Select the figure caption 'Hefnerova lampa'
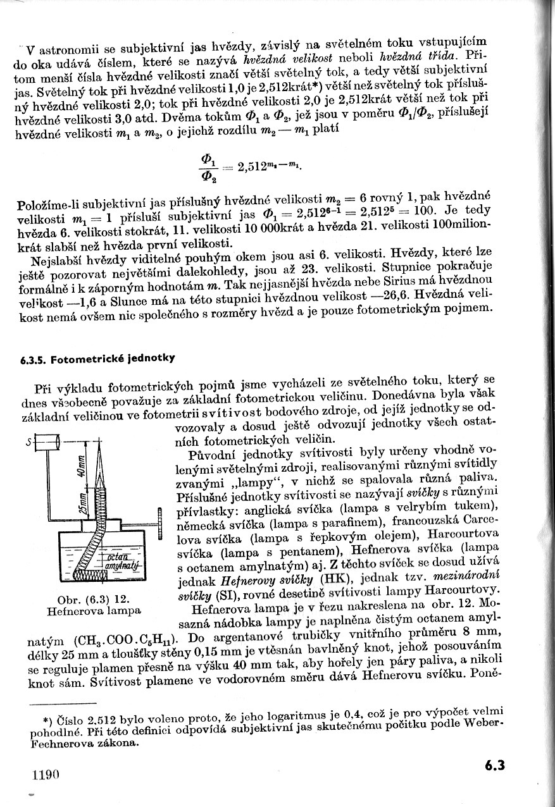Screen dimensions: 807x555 pos(94,611)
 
